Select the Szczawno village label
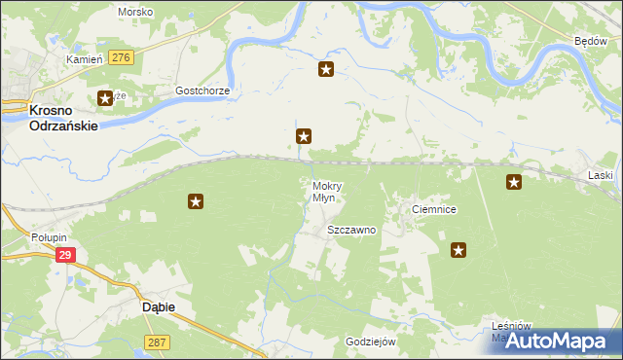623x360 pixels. click(351, 231)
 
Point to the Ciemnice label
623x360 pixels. click(434, 210)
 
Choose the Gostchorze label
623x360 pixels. click(202, 90)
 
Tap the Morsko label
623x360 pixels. click(135, 12)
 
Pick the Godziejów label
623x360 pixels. click(371, 342)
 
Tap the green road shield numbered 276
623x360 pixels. click(121, 58)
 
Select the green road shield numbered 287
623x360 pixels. click(156, 342)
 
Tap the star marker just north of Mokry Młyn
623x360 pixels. click(305, 138)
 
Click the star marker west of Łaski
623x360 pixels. click(514, 181)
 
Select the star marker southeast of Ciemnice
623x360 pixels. click(459, 251)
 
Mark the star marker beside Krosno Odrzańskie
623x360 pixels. click(105, 98)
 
